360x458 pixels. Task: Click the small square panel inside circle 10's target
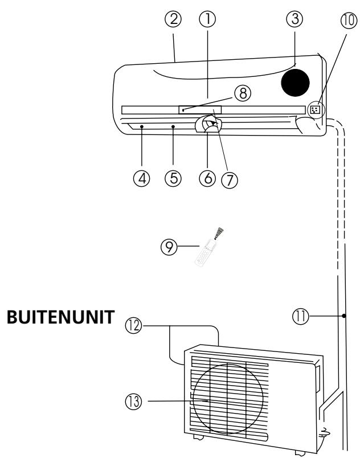point(315,108)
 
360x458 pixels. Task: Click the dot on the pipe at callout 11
point(345,314)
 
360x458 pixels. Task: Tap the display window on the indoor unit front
point(199,109)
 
